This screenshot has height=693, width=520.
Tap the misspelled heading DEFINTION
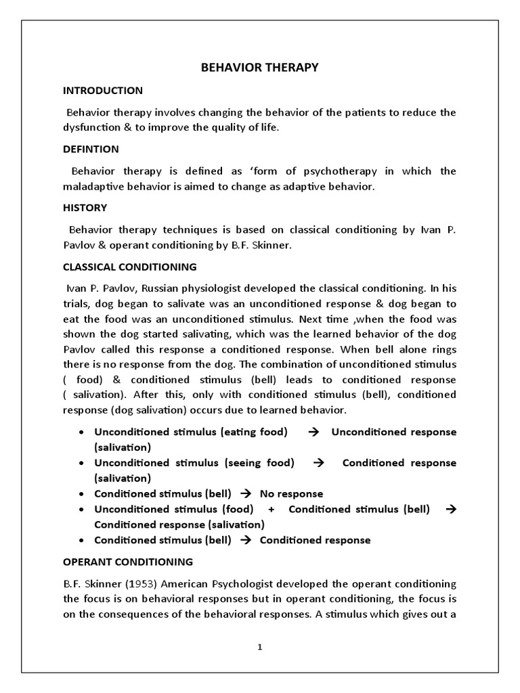tap(91, 149)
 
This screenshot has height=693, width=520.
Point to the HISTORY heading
tap(85, 208)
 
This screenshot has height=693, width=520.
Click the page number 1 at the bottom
tap(259, 646)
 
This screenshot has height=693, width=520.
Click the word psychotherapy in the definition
tap(324, 171)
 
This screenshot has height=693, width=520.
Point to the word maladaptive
tap(93, 186)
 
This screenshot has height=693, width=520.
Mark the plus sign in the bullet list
tap(271, 509)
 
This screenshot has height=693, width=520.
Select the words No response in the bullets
tap(291, 494)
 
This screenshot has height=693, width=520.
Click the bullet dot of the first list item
tap(81, 432)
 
